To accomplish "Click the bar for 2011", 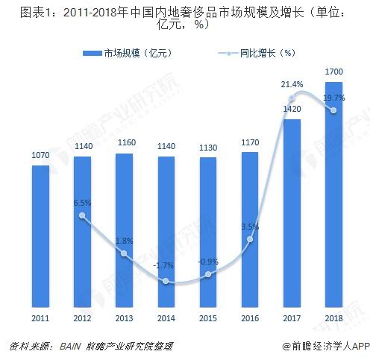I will point(40,235).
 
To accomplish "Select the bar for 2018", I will point(333,194).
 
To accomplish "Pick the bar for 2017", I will point(292,212).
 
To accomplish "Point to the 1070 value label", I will point(40,156).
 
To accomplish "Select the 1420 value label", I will point(292,110).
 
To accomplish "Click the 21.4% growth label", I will point(292,85).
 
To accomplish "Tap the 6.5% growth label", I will point(83,203).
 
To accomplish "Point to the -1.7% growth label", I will point(166,265).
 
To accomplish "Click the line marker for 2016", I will point(250,239).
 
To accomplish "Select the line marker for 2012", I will point(83,216).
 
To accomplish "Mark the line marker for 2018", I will point(333,110).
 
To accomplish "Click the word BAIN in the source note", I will point(62,347).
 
